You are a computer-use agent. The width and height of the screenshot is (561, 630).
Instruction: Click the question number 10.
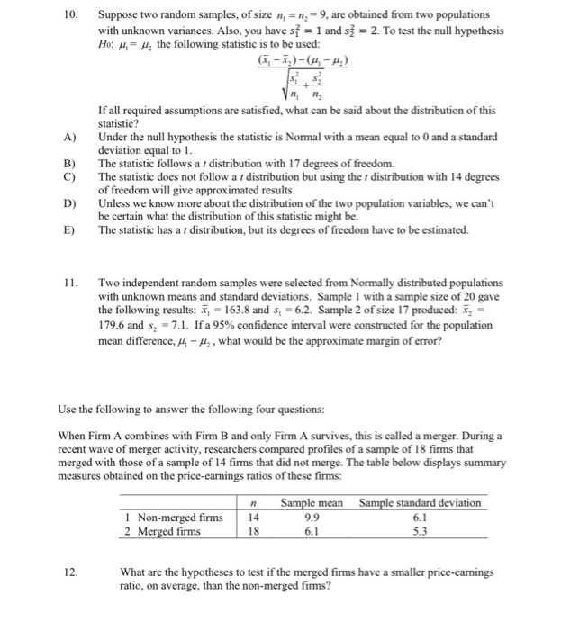[x=71, y=15]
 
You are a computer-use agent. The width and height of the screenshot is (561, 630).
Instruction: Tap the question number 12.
[x=71, y=571]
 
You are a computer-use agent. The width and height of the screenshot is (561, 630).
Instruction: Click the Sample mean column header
[x=312, y=502]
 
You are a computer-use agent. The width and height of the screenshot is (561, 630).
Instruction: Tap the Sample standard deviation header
[x=420, y=502]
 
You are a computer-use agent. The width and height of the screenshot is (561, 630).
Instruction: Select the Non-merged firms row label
[x=175, y=517]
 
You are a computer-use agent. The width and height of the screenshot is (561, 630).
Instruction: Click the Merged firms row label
[x=165, y=531]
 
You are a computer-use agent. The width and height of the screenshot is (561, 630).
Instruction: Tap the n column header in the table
[x=256, y=503]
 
